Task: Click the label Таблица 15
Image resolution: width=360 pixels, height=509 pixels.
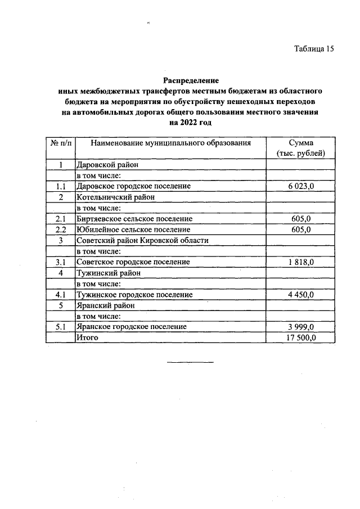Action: pyautogui.click(x=314, y=49)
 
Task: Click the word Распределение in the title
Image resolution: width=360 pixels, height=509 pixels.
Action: pyautogui.click(x=191, y=80)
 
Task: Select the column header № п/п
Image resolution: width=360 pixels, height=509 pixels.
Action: pyautogui.click(x=60, y=143)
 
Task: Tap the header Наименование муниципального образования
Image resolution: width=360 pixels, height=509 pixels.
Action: pyautogui.click(x=170, y=143)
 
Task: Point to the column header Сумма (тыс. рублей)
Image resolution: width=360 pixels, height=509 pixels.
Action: pyautogui.click(x=301, y=148)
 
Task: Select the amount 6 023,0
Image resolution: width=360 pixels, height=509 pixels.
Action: pyautogui.click(x=301, y=186)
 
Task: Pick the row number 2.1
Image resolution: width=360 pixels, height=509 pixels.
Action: pyautogui.click(x=60, y=219)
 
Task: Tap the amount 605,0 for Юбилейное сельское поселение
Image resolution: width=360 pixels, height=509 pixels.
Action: pyautogui.click(x=301, y=229)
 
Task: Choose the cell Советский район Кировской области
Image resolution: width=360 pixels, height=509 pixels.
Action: pyautogui.click(x=142, y=240)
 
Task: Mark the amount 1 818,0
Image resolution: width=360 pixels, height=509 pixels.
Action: pyautogui.click(x=301, y=262)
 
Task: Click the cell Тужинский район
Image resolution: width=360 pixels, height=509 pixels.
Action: pyautogui.click(x=108, y=273)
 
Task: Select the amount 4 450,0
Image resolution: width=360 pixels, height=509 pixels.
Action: pyautogui.click(x=301, y=295)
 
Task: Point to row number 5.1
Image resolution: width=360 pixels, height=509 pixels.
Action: pyautogui.click(x=60, y=327)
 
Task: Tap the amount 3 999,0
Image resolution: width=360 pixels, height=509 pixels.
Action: pyautogui.click(x=301, y=327)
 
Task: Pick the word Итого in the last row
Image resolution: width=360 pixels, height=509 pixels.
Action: pyautogui.click(x=87, y=337)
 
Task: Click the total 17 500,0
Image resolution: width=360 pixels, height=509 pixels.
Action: pyautogui.click(x=301, y=337)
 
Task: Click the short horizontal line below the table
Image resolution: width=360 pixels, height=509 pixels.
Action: pyautogui.click(x=190, y=362)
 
